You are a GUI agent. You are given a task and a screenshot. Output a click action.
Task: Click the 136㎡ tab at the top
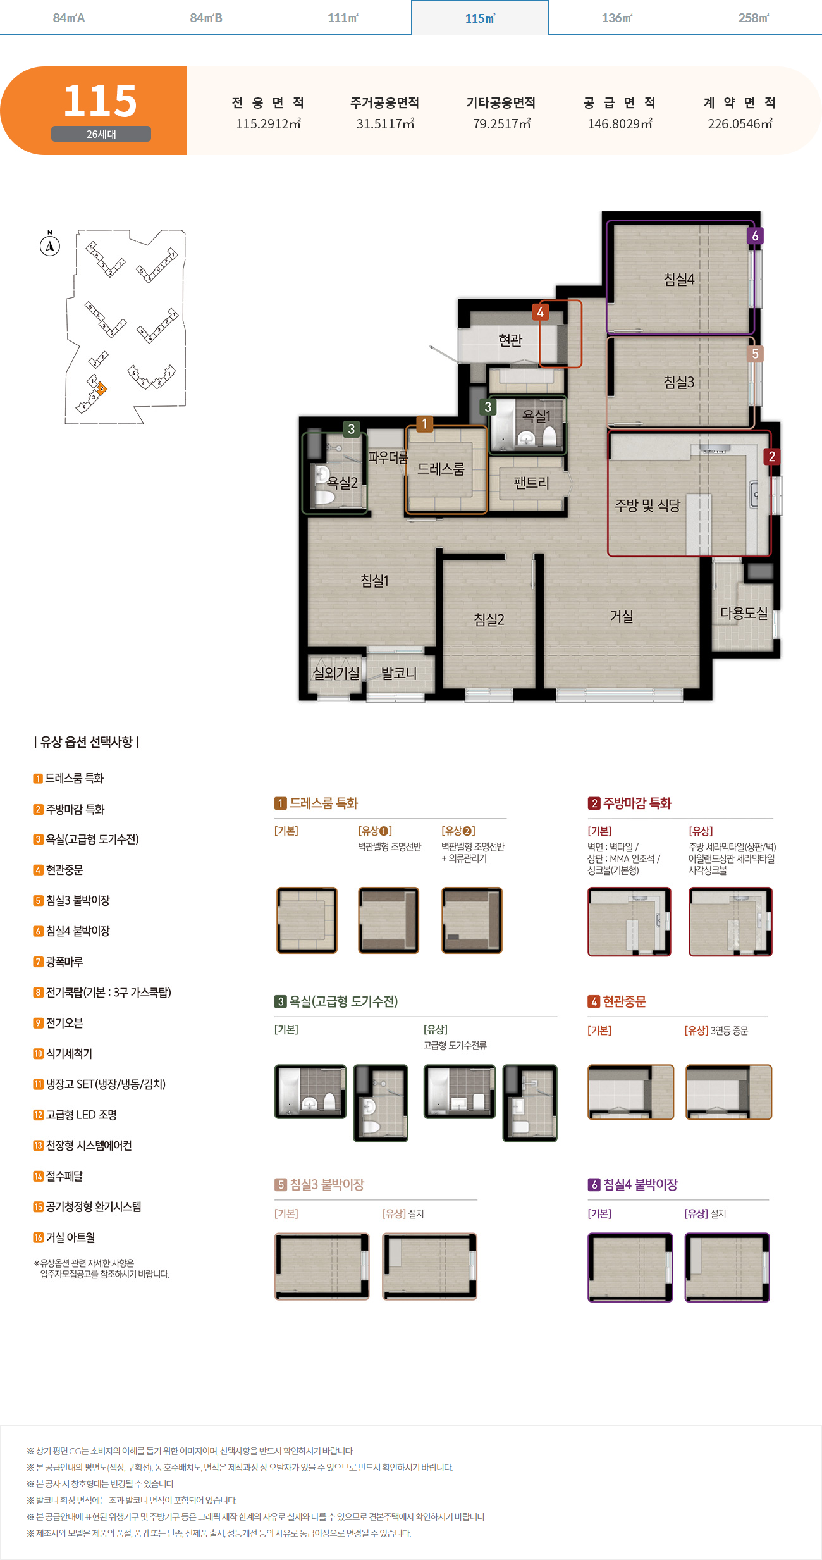coord(617,18)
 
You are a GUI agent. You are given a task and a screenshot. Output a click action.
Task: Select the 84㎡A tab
coord(69,18)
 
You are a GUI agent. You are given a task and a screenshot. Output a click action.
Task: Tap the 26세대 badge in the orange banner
coord(101,134)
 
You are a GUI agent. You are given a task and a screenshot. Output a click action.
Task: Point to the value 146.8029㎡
coord(620,124)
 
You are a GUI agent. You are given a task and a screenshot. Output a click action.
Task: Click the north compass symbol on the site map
coord(50,245)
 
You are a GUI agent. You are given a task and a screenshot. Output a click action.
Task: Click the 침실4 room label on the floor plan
coord(678,279)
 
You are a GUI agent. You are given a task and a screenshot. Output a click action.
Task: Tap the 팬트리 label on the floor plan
coord(531,483)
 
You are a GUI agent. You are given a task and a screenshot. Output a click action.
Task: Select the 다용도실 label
coord(744,613)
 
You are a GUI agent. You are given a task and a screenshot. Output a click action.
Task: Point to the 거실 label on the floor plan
coord(622,616)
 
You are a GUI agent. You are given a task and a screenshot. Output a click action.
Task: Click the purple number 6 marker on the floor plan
coord(755,236)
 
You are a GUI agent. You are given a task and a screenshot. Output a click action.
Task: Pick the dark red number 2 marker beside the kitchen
coord(771,456)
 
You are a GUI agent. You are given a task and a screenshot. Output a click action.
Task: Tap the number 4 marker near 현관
coord(540,312)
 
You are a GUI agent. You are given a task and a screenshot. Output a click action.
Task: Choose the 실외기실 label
coord(336,673)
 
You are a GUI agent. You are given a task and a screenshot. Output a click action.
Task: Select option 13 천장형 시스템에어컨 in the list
coord(83,1145)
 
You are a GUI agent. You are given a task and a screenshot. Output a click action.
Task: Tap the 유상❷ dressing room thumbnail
coord(472,920)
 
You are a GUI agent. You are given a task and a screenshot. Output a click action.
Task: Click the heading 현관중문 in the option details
coord(617,1001)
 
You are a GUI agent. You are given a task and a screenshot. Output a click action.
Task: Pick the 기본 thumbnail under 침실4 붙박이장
coord(630,1267)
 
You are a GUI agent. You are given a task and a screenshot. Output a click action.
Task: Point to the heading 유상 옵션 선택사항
coord(87,741)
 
